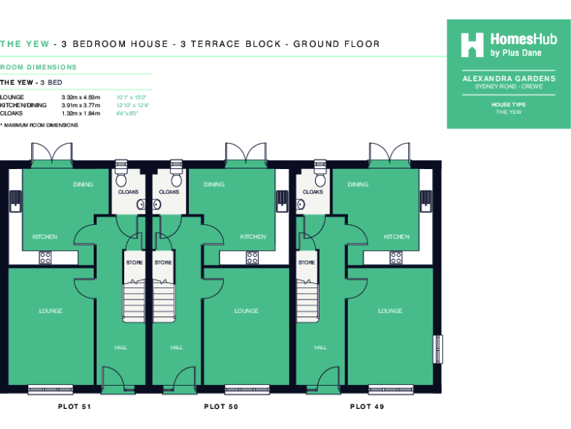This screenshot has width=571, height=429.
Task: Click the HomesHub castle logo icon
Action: click(472, 45)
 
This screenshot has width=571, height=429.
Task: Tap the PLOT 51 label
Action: click(74, 407)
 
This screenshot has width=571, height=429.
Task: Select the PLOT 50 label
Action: click(221, 407)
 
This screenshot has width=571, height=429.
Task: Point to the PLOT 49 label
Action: click(367, 407)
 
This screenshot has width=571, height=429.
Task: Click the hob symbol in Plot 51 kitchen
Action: click(45, 258)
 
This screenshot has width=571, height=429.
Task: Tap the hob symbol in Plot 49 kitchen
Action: click(396, 258)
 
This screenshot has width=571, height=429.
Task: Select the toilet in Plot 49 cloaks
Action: click(320, 179)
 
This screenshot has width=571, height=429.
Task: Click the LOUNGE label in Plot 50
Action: click(246, 311)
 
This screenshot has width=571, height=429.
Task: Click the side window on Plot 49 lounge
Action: click(438, 349)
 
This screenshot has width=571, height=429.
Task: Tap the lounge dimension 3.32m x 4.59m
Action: click(80, 98)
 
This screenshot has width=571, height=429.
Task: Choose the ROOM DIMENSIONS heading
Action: click(38, 67)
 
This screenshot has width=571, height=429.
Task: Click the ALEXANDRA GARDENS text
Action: click(509, 78)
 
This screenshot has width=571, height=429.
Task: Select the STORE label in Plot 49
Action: click(306, 262)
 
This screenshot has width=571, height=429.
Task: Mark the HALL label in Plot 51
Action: click(120, 347)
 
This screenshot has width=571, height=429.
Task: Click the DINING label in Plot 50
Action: click(214, 185)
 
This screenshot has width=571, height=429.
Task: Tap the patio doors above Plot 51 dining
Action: click(50, 156)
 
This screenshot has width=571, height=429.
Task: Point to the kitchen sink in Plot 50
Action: click(282, 200)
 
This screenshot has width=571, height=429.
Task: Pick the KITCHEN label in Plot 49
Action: click(396, 237)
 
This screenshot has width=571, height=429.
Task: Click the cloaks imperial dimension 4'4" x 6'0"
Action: click(127, 113)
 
